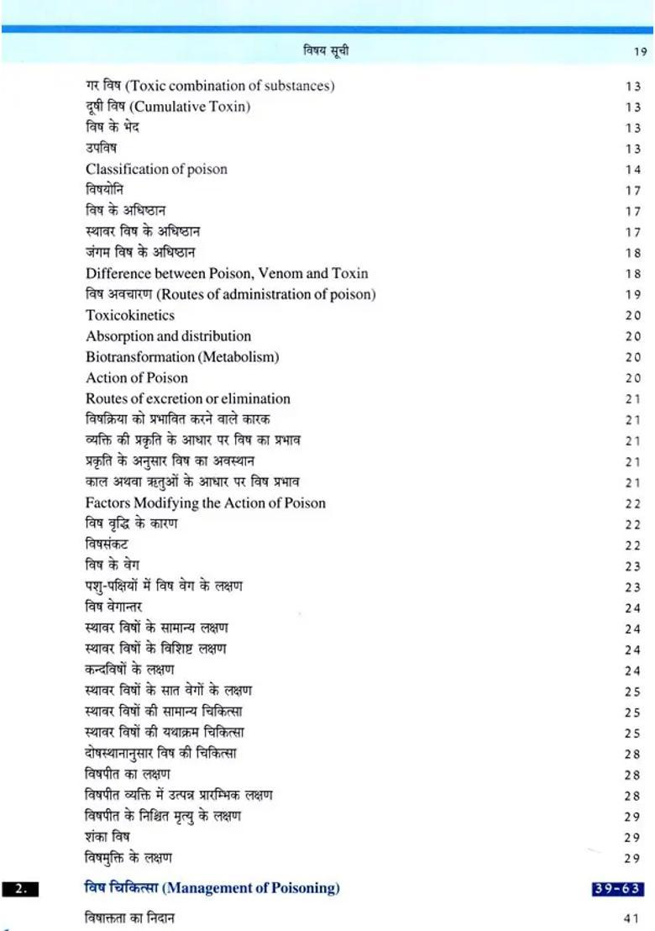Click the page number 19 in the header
(x=639, y=52)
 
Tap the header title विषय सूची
(x=326, y=51)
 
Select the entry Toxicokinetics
(x=130, y=315)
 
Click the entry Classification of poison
(x=156, y=169)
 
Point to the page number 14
(x=632, y=170)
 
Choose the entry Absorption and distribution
(x=168, y=336)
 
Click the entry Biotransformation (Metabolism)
(x=182, y=357)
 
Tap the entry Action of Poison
(x=137, y=378)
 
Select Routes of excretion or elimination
(x=188, y=398)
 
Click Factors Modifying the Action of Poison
(x=206, y=502)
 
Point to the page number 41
(x=632, y=918)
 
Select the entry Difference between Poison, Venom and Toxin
(x=227, y=273)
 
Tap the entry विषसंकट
(x=107, y=544)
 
